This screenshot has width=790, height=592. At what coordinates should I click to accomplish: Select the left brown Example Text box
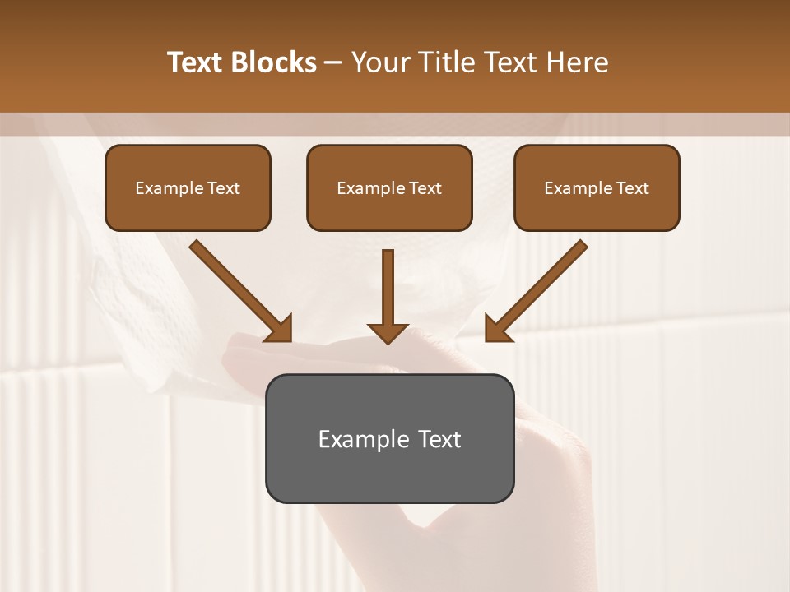(188, 187)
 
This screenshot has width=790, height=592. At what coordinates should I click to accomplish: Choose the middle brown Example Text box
(389, 187)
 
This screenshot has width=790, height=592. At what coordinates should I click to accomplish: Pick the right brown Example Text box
(597, 187)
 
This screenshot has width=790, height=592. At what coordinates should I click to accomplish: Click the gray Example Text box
(389, 438)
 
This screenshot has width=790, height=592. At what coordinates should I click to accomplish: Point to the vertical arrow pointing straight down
(388, 288)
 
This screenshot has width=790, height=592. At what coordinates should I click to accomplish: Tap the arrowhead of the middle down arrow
(388, 332)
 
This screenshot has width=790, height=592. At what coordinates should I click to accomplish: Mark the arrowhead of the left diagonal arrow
(280, 329)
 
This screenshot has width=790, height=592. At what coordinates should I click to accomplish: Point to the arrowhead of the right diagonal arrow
(497, 329)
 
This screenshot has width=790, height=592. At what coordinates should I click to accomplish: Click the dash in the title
(333, 62)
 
